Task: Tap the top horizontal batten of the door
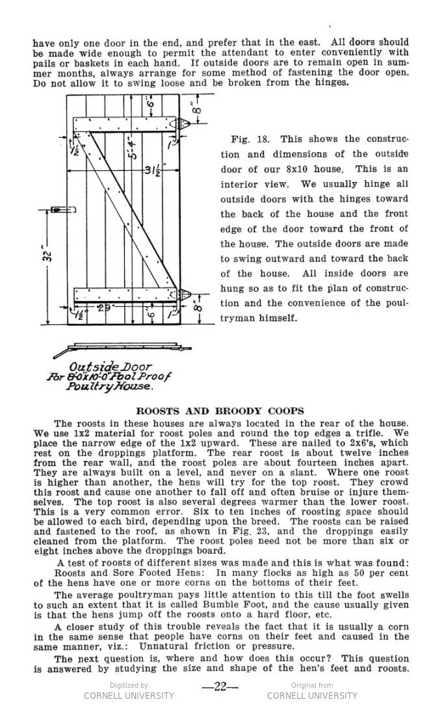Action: click(x=123, y=124)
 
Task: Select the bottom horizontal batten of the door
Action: click(x=123, y=296)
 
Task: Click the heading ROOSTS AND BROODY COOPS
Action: click(x=219, y=411)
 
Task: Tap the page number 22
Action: click(x=220, y=688)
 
